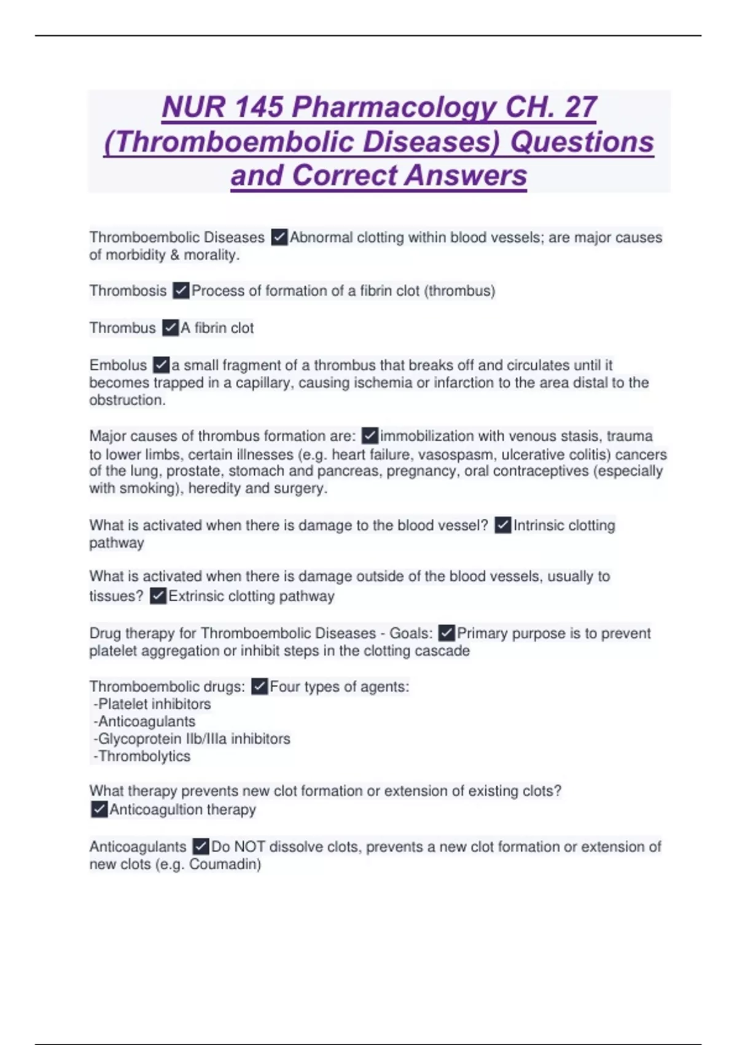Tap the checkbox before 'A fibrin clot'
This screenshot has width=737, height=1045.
point(170,328)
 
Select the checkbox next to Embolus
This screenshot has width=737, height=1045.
point(161,365)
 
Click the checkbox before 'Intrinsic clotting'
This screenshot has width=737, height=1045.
point(503,526)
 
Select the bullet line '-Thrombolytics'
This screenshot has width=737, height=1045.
point(142,757)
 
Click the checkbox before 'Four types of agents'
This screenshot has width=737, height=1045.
point(260,687)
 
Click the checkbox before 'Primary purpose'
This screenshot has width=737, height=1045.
point(446,633)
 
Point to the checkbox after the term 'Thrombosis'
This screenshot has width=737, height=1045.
point(181,291)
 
